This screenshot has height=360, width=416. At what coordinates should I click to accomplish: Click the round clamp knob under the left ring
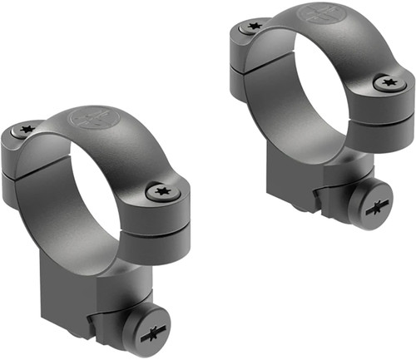tap(147, 333)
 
